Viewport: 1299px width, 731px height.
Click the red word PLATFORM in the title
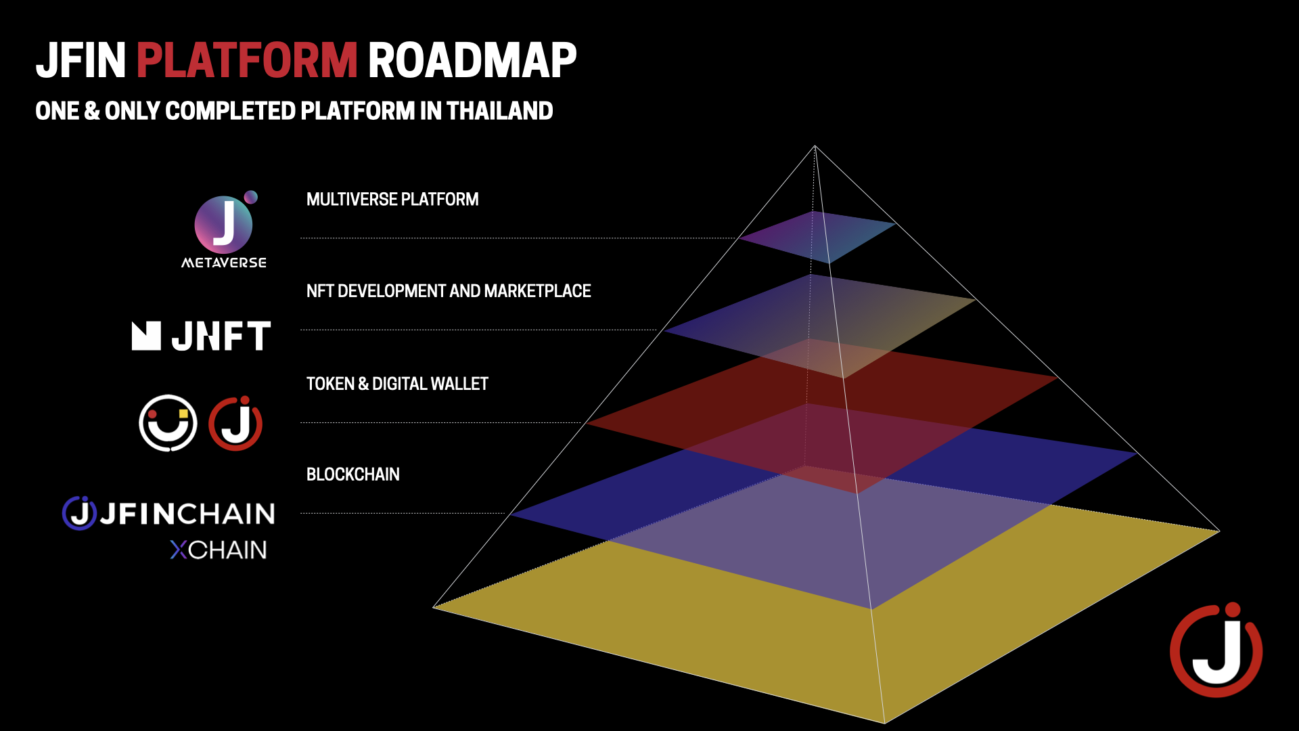click(247, 60)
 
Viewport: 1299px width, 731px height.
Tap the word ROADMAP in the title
click(472, 60)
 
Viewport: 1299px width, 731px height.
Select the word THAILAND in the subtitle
click(500, 111)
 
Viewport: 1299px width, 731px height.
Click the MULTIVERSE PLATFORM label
click(392, 199)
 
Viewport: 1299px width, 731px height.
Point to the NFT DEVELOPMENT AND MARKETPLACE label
click(449, 291)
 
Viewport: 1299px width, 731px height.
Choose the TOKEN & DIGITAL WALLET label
click(397, 384)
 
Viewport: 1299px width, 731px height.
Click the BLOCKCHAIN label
click(353, 474)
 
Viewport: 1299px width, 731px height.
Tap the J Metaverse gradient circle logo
click(223, 225)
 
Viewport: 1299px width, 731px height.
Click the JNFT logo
click(202, 336)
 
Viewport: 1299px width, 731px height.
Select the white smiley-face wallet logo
click(168, 423)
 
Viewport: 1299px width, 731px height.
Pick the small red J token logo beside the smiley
click(235, 423)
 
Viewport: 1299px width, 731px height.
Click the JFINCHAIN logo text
click(169, 514)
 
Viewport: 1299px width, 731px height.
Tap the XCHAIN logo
click(218, 550)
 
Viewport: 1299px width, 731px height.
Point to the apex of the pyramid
click(815, 146)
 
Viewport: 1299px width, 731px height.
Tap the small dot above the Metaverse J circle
click(251, 197)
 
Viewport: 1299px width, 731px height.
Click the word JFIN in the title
click(81, 60)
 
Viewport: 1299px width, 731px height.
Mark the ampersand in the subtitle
click(92, 111)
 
